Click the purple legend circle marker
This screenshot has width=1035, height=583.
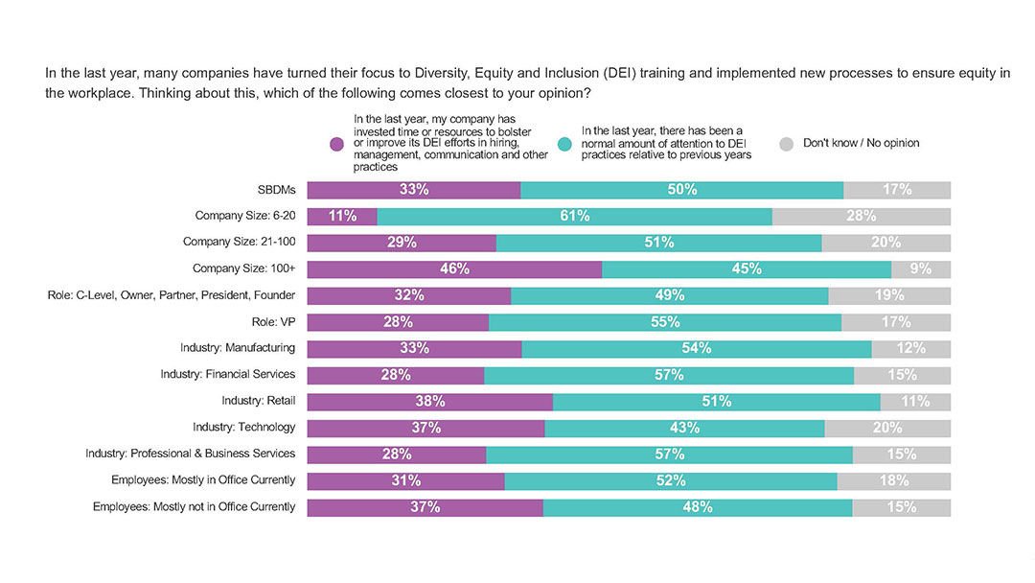click(336, 144)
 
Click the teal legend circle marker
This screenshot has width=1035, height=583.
click(565, 144)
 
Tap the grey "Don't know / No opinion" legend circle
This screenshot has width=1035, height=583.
click(786, 144)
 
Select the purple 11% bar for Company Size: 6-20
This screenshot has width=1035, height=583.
click(342, 217)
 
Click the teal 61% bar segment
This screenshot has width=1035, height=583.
click(574, 217)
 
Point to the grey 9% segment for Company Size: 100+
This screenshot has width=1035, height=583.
click(921, 269)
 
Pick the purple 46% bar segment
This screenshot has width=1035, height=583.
click(454, 269)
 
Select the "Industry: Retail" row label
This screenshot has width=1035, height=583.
click(258, 401)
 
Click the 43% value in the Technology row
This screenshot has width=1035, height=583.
click(683, 428)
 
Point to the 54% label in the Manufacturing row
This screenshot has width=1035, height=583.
click(696, 348)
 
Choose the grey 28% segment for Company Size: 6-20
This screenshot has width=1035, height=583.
click(862, 217)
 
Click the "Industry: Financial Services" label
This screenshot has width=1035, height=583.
click(228, 375)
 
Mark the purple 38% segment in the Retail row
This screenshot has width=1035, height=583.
click(429, 401)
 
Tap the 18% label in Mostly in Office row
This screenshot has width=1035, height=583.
click(893, 480)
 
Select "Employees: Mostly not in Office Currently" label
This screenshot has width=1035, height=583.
click(194, 507)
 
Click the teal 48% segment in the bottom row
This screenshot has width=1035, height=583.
click(697, 507)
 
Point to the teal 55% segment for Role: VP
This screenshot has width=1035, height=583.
click(664, 322)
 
